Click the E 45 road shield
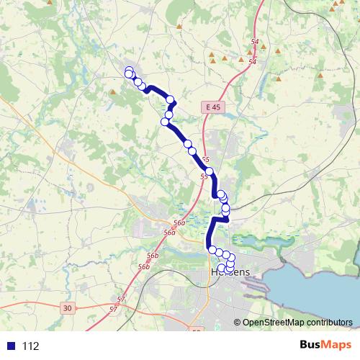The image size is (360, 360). coord(211,107)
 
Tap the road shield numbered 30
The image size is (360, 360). coord(67,308)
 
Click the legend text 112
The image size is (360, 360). coord(31,346)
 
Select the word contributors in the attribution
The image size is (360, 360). coord(330,323)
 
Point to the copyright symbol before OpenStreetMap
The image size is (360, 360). coord(238,323)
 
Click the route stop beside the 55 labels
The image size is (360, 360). coord(210,171)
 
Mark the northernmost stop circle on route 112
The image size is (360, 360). coord(129,71)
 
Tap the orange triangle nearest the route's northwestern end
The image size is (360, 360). coord(112,91)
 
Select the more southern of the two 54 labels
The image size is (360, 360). coord(252,62)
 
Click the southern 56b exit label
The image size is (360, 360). coord(144,266)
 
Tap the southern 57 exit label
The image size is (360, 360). coord(113,309)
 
